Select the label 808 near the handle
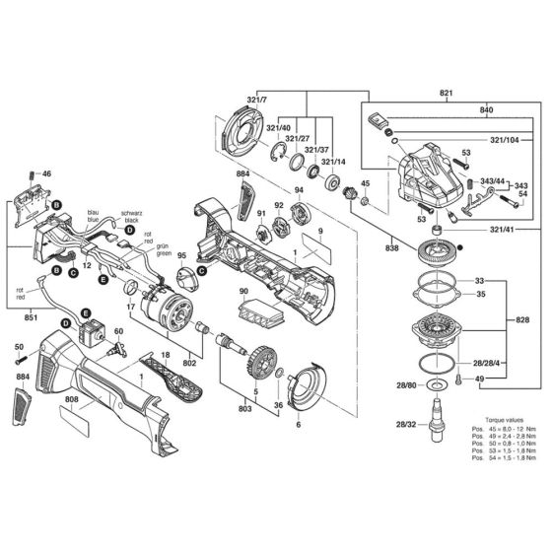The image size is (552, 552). [x=72, y=400]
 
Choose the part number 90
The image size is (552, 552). [x=243, y=292]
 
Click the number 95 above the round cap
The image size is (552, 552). [x=209, y=255]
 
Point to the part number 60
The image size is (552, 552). [x=119, y=332]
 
